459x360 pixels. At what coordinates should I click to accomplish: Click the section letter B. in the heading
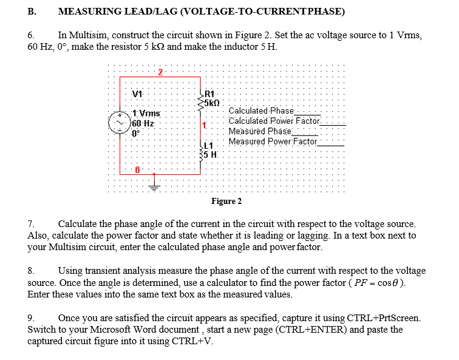pyautogui.click(x=32, y=11)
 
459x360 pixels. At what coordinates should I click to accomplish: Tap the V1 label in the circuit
pyautogui.click(x=138, y=93)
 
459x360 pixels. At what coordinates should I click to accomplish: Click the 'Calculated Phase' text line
pyautogui.click(x=260, y=111)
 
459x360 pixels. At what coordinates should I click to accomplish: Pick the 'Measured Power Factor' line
pyautogui.click(x=273, y=141)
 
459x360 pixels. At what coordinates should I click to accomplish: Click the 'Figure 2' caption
pyautogui.click(x=226, y=201)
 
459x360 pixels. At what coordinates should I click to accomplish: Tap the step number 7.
pyautogui.click(x=32, y=224)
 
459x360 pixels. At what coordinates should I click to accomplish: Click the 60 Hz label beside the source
pyautogui.click(x=144, y=123)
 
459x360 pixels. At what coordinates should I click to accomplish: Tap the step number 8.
pyautogui.click(x=32, y=271)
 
